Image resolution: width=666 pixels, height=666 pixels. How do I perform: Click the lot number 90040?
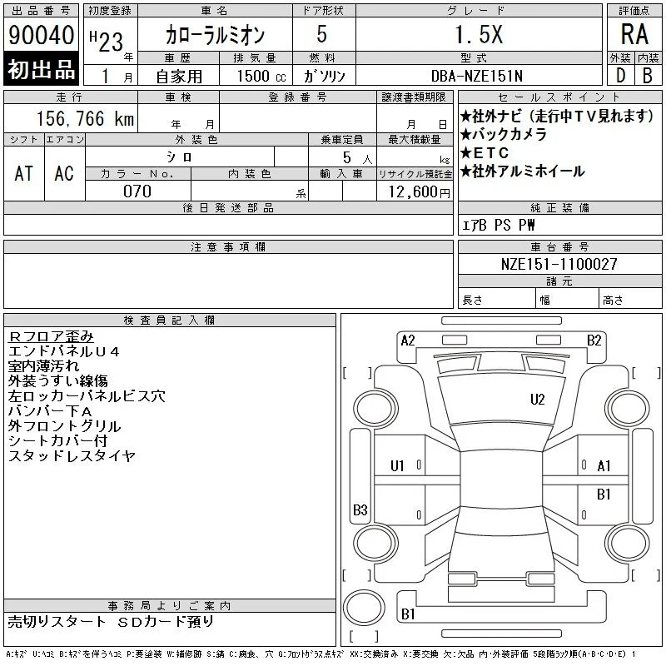[41, 35]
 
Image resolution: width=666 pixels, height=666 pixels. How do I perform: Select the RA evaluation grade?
[634, 34]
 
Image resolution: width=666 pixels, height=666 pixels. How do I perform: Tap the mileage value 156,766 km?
[85, 118]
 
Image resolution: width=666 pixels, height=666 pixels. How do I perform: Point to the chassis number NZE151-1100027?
[559, 264]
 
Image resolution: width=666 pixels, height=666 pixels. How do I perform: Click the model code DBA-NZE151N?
[476, 76]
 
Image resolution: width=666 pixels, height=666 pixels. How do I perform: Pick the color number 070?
[137, 191]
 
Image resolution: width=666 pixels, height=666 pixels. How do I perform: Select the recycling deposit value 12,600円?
[420, 192]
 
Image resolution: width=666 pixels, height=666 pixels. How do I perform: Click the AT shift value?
[23, 173]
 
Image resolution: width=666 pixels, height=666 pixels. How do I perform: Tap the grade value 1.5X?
[479, 34]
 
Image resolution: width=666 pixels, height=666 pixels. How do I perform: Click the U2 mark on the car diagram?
[537, 400]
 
